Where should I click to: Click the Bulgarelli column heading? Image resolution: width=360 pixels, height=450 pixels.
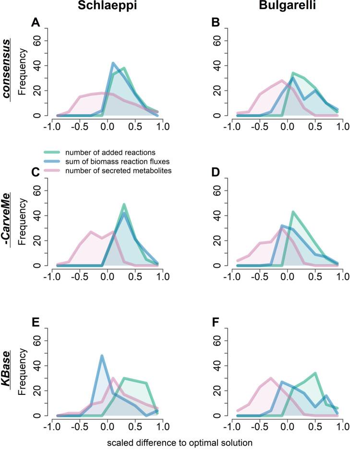285,6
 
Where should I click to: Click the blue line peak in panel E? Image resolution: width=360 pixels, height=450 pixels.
102,355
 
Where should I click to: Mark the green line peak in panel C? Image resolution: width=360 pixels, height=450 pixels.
124,204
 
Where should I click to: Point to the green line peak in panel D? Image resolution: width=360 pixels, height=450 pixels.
293,212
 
